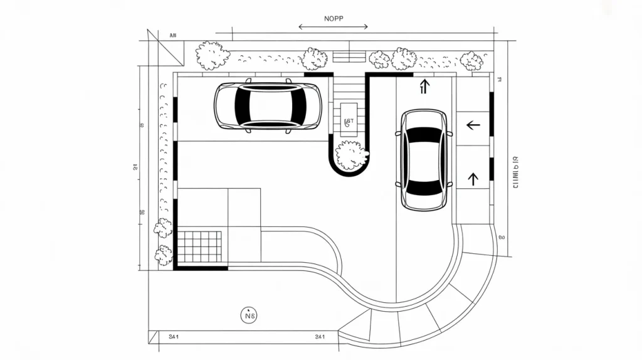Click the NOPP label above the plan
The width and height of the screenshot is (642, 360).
point(333,18)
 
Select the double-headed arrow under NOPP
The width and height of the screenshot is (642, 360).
point(333,27)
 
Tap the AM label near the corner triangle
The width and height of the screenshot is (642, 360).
point(173,36)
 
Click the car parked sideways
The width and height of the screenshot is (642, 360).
point(268,105)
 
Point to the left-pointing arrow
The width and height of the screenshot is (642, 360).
point(473,125)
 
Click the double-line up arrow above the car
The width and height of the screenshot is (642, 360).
point(424,86)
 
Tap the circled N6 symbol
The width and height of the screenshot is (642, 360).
point(249,316)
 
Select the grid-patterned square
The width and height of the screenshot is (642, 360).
point(200,246)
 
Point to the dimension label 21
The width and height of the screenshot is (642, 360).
point(135,166)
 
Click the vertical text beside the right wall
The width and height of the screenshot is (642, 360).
point(515,172)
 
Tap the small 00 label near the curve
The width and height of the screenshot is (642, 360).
point(502,238)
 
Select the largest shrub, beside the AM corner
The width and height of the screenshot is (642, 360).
point(211,55)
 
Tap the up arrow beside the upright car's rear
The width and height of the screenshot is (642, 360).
point(473,178)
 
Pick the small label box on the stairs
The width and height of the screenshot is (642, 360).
point(349,121)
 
